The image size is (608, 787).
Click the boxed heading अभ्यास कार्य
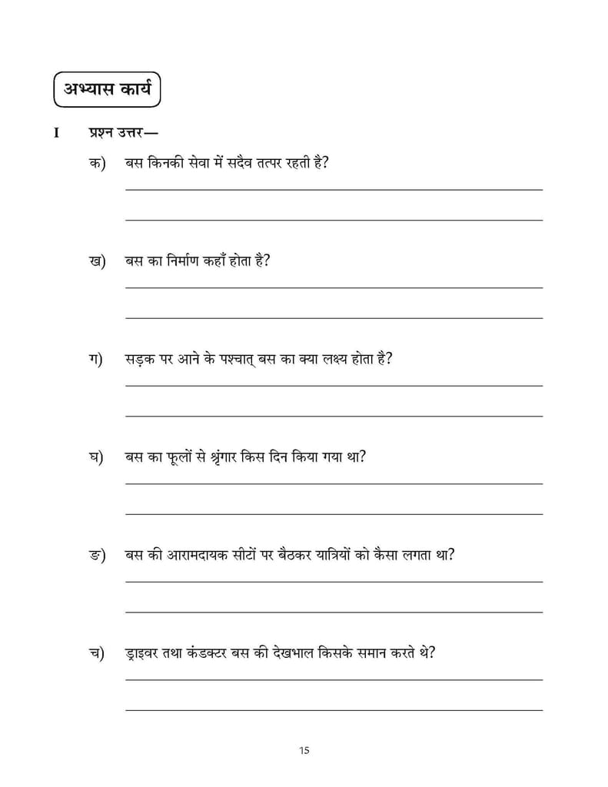tap(107, 90)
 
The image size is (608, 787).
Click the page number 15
tap(304, 750)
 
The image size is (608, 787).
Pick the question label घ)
tap(97, 457)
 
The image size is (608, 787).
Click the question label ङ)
tap(97, 555)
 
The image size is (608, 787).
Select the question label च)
tap(97, 653)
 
